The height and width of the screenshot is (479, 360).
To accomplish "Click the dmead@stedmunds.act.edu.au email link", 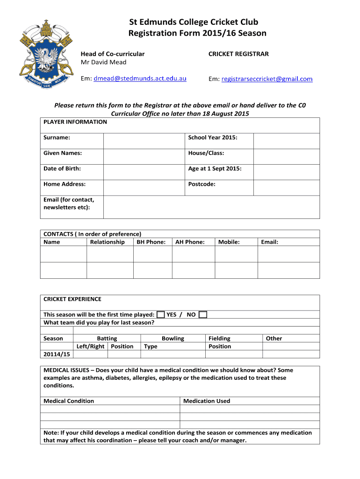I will click(140, 79).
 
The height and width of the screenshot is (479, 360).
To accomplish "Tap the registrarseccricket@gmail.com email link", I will click(267, 79).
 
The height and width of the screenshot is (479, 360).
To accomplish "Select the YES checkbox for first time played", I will click(160, 314).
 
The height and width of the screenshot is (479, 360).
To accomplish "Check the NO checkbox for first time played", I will click(202, 314).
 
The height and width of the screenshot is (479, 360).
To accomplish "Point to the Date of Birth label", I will click(62, 168).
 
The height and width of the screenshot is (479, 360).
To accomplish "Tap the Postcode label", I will click(202, 184).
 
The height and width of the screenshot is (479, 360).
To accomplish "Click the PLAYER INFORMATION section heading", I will click(75, 122).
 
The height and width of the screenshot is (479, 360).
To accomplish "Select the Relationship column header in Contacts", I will click(107, 242).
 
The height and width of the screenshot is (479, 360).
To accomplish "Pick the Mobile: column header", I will click(229, 242).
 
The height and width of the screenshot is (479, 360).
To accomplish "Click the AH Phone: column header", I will click(190, 242).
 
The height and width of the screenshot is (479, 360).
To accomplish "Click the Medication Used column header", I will click(207, 401).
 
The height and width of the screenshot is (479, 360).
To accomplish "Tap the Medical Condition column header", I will click(69, 401).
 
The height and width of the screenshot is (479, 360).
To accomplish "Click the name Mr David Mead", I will click(104, 62).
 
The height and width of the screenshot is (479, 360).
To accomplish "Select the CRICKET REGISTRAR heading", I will click(238, 54).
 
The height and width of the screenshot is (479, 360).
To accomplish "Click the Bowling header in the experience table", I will click(173, 338).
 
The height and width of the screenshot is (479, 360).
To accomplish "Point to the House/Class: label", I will click(206, 153).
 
